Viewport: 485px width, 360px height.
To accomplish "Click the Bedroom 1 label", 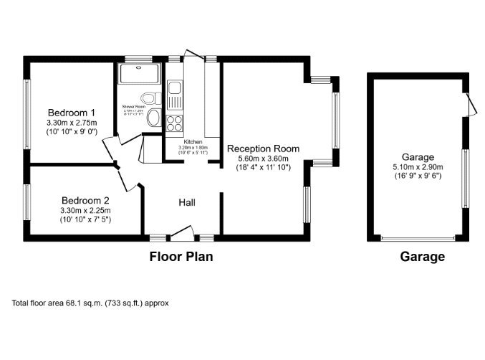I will point(72,113).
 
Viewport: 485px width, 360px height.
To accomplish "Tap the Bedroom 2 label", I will point(85,200).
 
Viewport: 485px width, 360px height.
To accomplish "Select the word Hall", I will point(187,203).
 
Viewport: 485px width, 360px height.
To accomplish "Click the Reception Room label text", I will point(263,148).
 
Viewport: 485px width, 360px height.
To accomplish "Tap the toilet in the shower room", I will point(149,98).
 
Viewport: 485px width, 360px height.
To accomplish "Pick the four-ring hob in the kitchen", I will point(174,123).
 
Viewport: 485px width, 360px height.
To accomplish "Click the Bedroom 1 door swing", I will point(110,148).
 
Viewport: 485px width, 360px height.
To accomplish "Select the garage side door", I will point(471,105).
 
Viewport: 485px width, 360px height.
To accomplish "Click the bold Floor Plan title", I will point(181,256).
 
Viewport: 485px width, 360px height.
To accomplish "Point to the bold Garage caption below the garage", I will point(422,256).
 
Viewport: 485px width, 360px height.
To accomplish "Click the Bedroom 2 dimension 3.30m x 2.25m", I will point(85,210).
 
